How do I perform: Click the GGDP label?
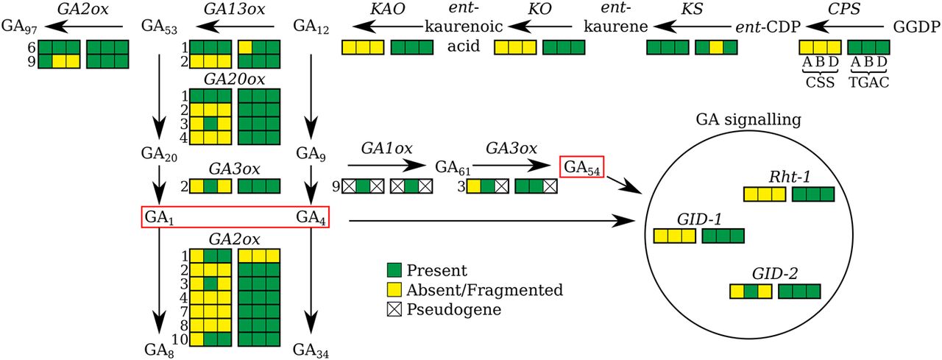click(x=916, y=27)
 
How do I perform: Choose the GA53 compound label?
click(x=158, y=27)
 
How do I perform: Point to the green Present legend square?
click(x=394, y=271)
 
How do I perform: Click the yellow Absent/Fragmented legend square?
click(x=394, y=290)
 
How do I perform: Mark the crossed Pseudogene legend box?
click(x=394, y=309)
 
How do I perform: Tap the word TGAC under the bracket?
click(x=868, y=83)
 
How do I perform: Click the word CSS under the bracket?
click(x=820, y=83)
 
